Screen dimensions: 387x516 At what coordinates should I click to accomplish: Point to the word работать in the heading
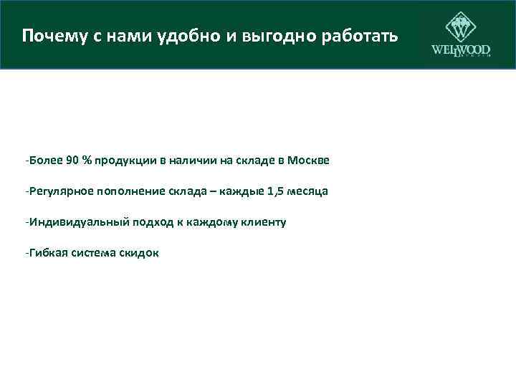361,35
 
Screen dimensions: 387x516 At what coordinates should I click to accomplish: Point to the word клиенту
265,222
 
